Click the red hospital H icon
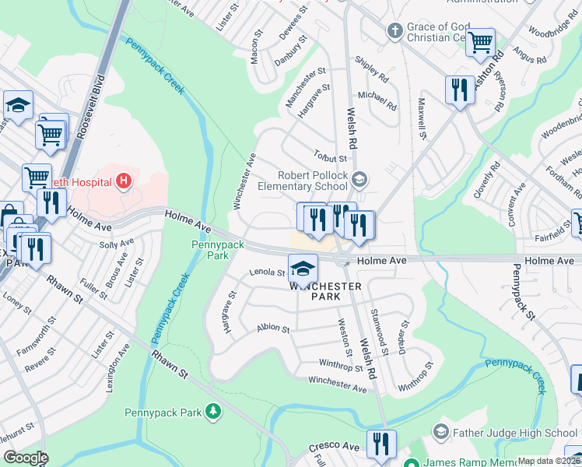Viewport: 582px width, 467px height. coord(123,182)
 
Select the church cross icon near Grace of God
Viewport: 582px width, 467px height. coord(394,30)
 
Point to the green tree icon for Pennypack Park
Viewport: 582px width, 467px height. coord(212,411)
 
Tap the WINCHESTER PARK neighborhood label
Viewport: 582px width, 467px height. coord(325,291)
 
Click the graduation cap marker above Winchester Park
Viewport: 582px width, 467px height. coord(302,269)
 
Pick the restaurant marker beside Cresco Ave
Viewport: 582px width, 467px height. coord(380,443)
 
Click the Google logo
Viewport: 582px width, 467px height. coord(26,458)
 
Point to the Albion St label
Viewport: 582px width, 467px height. coord(272,329)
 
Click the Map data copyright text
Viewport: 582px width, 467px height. coord(548,461)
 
